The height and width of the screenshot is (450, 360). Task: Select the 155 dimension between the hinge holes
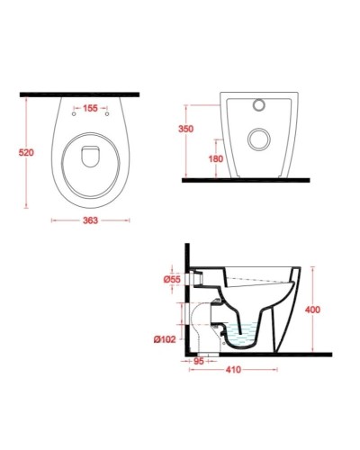click(89, 109)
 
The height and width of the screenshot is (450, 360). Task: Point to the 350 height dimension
click(187, 130)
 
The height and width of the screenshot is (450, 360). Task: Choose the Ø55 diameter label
click(175, 281)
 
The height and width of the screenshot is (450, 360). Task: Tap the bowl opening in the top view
click(88, 158)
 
